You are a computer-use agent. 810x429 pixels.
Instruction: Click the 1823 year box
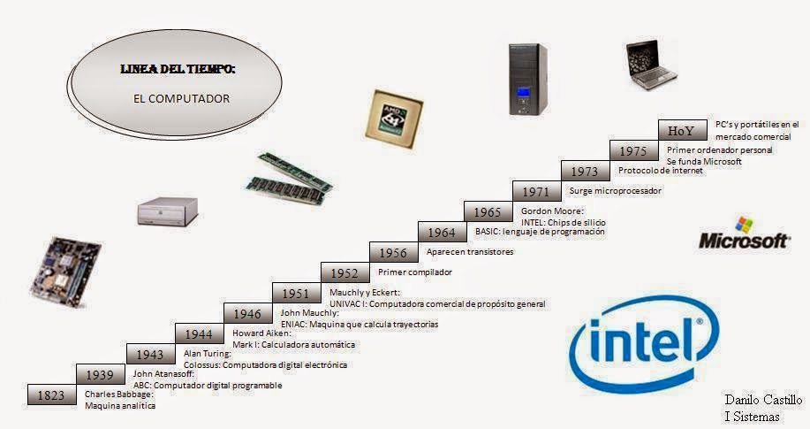(51, 395)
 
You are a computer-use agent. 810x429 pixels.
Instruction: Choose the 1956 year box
(393, 253)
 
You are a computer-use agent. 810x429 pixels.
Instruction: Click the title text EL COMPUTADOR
(181, 99)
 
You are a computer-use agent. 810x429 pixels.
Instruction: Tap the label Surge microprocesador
(615, 190)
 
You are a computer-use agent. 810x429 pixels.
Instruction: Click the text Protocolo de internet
(660, 171)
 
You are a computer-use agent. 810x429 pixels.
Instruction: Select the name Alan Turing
(208, 354)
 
